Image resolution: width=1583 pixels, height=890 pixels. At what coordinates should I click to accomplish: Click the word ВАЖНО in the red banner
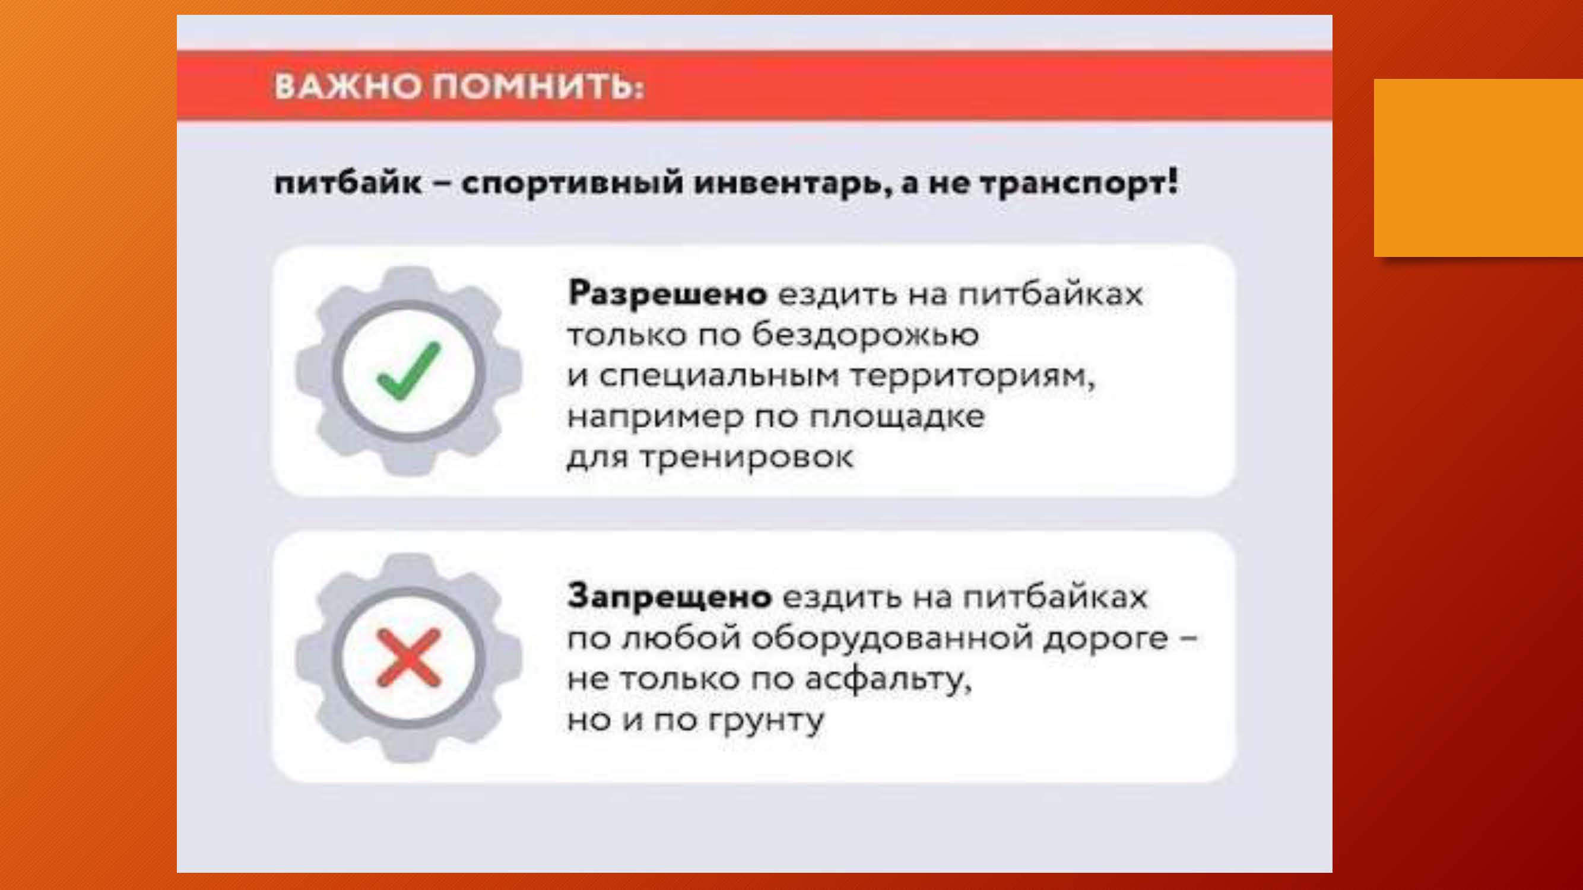click(x=348, y=86)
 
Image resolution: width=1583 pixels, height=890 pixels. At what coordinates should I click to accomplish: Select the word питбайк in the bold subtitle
click(x=348, y=183)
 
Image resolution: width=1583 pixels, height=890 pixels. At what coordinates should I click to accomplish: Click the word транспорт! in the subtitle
click(x=1078, y=183)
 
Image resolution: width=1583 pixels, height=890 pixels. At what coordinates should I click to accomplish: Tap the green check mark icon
click(x=408, y=371)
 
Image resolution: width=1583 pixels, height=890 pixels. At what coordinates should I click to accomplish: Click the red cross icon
click(x=408, y=657)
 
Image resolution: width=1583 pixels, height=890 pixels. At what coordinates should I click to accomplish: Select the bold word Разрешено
click(x=667, y=294)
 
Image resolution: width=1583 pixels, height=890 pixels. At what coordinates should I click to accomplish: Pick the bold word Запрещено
click(x=670, y=596)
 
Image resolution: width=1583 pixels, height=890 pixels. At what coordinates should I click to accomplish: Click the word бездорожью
click(x=866, y=335)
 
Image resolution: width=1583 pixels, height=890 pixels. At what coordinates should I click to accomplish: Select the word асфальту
click(x=889, y=679)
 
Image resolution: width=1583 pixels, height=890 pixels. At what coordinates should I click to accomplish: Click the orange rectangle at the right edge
click(x=1479, y=168)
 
